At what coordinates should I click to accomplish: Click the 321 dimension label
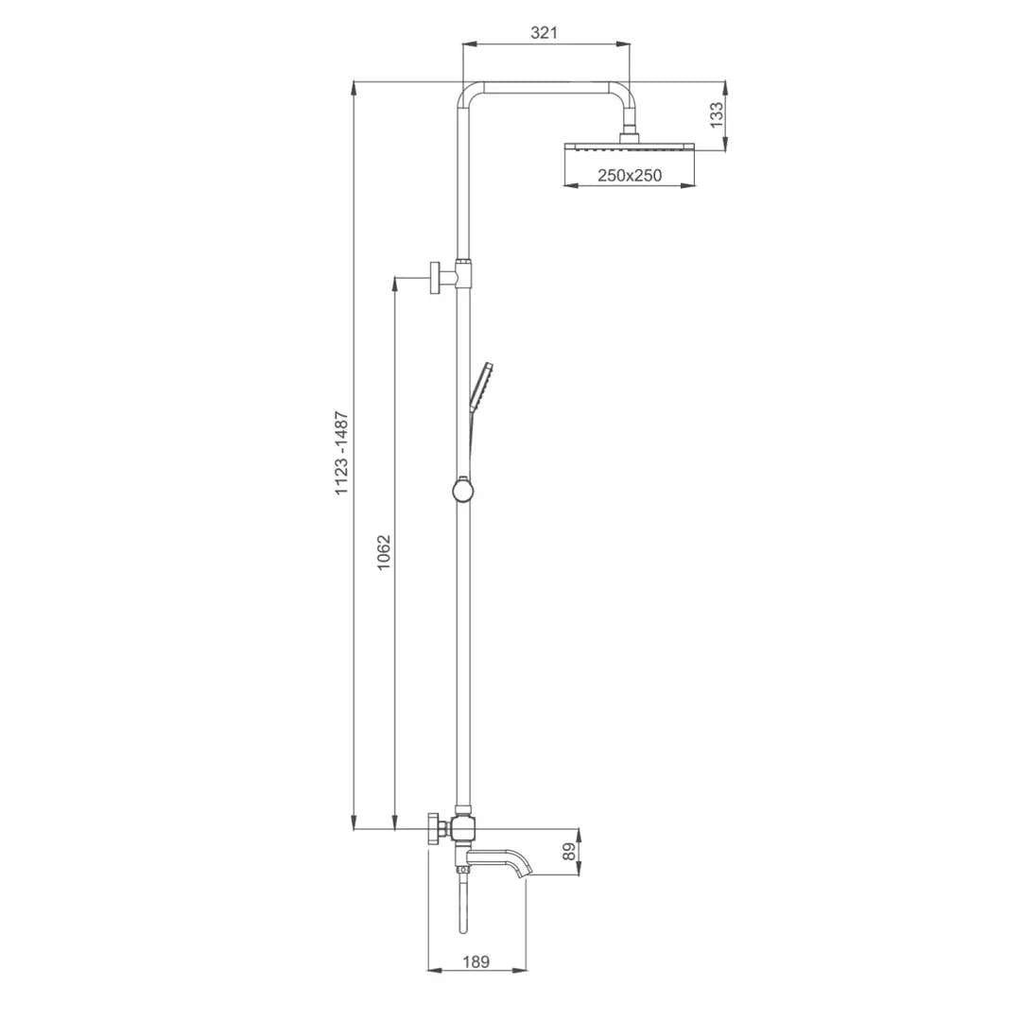pos(544,32)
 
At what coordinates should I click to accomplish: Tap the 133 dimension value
pos(717,115)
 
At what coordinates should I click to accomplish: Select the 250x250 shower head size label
pos(630,175)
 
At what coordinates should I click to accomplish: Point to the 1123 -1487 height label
pos(342,453)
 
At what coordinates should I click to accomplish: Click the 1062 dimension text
pos(384,553)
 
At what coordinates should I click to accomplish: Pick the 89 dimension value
pos(569,851)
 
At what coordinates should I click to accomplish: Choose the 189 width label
pos(476,961)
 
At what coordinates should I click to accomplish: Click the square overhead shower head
pos(630,146)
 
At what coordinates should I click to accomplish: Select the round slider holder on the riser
pos(461,491)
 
